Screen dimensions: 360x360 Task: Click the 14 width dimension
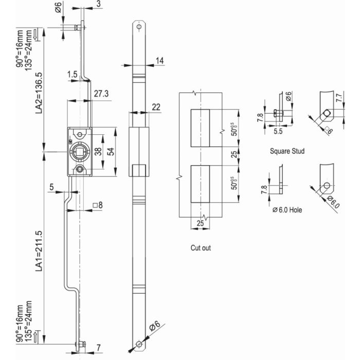tap(159, 61)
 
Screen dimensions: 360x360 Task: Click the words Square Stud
tap(287, 152)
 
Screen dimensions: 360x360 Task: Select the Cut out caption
tap(201, 247)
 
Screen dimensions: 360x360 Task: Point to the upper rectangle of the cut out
tap(200, 128)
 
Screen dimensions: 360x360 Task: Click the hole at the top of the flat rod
tap(138, 26)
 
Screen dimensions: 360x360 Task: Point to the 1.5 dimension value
tap(71, 75)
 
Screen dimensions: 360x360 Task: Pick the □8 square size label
tap(97, 205)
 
